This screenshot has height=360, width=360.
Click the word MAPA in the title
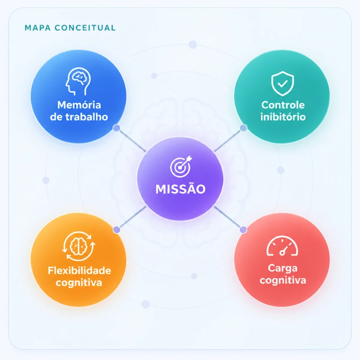coord(38,28)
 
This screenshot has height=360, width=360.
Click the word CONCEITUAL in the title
coord(85,28)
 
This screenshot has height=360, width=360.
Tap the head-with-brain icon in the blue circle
coord(78,81)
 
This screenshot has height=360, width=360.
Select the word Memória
coord(79,105)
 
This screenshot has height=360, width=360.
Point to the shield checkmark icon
coord(283,83)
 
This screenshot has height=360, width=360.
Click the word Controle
coord(283,105)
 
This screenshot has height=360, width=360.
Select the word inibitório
coord(283,117)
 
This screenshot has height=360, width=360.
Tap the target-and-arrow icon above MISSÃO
coord(181,166)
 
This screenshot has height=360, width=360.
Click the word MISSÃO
coord(180,189)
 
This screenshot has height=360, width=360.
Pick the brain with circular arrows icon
coord(78,246)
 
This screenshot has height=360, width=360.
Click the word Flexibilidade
coord(79,270)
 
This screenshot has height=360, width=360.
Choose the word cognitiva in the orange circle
coord(79,283)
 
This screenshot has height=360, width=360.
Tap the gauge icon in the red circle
coord(282,246)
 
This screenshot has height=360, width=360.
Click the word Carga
coord(283,268)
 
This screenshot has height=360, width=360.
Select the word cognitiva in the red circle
coord(283,280)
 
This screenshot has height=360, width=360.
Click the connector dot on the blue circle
coord(117,128)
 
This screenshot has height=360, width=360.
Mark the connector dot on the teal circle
coord(243,128)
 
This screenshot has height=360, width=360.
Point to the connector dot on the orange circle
coord(117,229)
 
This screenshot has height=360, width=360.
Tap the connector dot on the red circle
coord(243,229)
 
